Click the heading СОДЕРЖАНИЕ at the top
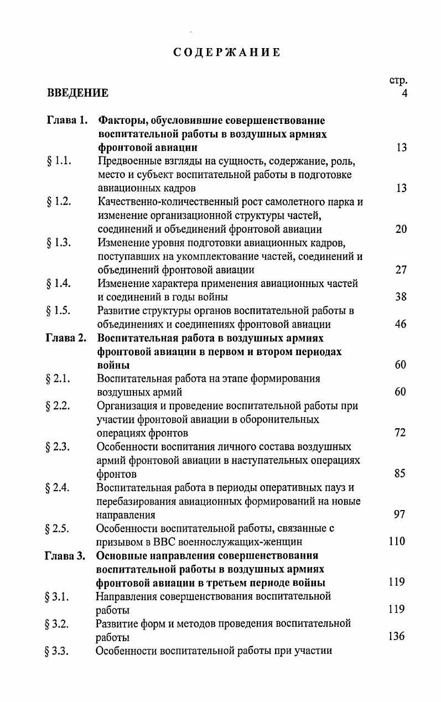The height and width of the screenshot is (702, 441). click(227, 53)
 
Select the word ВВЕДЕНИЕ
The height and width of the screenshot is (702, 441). click(77, 93)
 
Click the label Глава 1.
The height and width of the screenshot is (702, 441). click(67, 121)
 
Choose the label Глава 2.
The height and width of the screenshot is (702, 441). click(66, 338)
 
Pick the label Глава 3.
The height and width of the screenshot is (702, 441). click(65, 555)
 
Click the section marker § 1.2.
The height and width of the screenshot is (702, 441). click(59, 202)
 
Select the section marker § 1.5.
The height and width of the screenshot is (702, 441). click(59, 310)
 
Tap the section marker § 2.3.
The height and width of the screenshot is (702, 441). click(58, 446)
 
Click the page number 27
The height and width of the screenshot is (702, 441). click(401, 270)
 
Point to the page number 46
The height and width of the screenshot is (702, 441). click(401, 324)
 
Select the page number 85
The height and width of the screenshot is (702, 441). click(400, 474)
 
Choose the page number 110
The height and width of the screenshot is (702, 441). click(397, 542)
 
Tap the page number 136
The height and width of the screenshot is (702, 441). click(397, 637)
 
